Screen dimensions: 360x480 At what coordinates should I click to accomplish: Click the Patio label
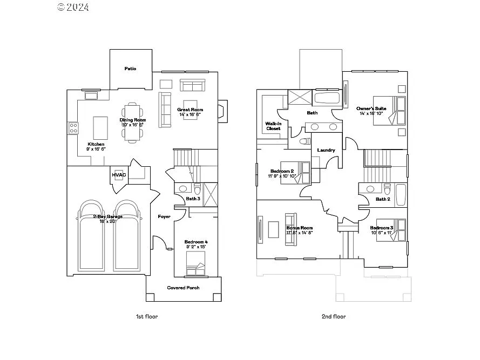[130, 69]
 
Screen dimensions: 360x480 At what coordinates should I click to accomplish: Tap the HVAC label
[119, 175]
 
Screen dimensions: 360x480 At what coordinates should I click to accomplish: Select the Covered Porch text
[183, 288]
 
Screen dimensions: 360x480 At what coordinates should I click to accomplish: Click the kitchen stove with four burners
[73, 128]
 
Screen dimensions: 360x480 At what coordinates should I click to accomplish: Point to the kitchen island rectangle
[100, 128]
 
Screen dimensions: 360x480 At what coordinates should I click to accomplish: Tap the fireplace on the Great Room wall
[222, 110]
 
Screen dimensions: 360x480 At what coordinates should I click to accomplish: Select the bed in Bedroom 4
[196, 267]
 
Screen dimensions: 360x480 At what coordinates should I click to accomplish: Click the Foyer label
[164, 216]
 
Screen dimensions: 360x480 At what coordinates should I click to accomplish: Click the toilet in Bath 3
[197, 190]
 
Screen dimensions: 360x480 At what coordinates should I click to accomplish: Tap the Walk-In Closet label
[273, 126]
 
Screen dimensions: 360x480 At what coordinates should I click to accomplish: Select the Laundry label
[326, 150]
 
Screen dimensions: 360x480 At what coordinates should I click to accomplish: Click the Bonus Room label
[299, 228]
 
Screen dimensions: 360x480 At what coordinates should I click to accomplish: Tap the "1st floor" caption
[147, 317]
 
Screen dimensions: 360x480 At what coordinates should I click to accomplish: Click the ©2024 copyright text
[73, 7]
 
